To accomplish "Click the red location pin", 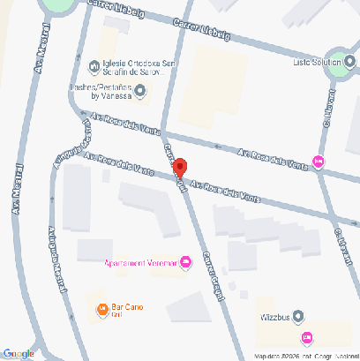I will (x=179, y=167).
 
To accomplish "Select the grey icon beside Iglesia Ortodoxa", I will (x=94, y=64).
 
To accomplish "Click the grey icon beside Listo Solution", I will (x=349, y=62).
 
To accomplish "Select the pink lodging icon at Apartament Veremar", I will (x=185, y=262).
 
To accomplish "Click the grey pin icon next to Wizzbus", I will (x=298, y=315).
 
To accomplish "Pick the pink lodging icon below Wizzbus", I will (x=306, y=337).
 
